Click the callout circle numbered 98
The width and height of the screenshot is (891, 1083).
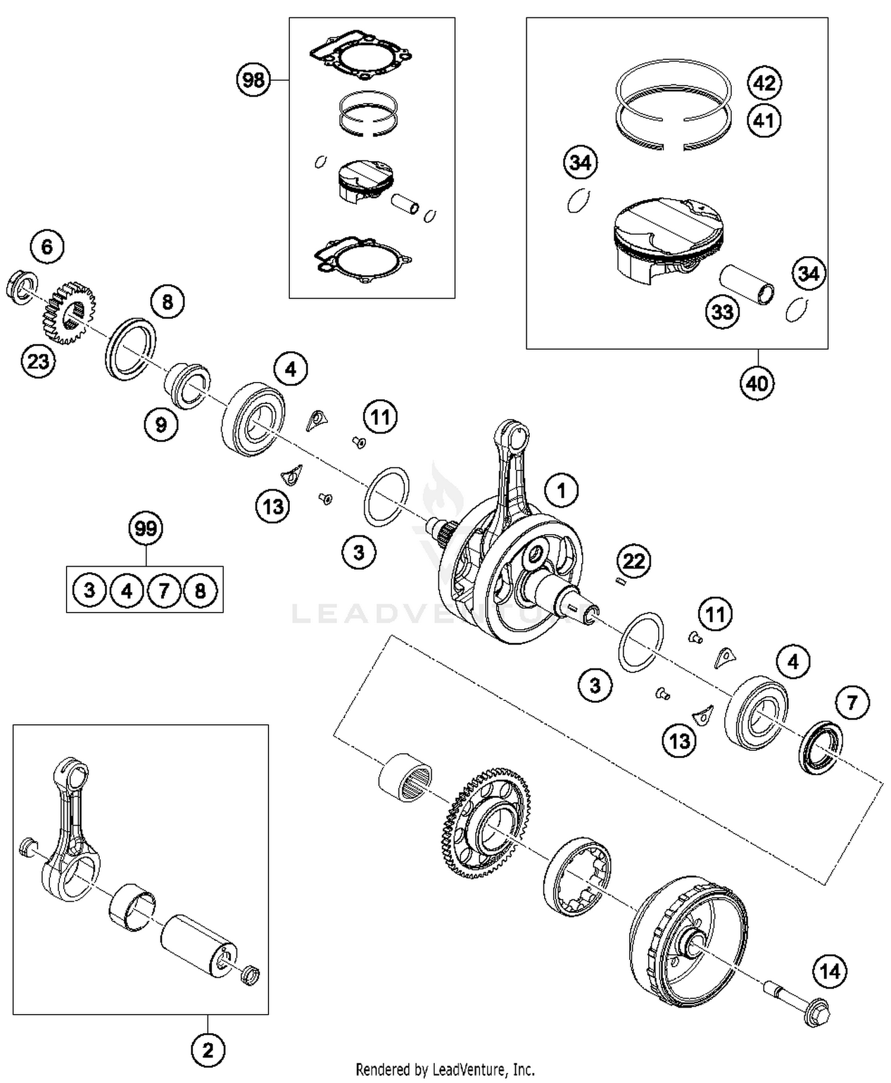click(254, 79)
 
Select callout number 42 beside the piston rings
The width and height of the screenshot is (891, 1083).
click(764, 83)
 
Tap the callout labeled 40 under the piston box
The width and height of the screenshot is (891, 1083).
click(757, 383)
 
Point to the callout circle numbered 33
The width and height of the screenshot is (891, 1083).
click(722, 311)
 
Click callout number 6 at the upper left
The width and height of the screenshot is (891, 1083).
click(47, 246)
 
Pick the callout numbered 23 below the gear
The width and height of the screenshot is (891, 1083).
click(38, 361)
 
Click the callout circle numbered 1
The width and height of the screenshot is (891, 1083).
click(561, 490)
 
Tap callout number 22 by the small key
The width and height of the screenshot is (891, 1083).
click(634, 560)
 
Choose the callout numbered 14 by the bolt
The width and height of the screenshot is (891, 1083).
click(829, 971)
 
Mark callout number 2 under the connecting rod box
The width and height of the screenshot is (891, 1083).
click(207, 1050)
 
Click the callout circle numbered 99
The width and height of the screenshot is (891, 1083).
click(146, 528)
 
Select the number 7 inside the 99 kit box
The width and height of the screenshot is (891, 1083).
click(163, 591)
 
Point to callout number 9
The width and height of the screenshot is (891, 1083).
click(161, 424)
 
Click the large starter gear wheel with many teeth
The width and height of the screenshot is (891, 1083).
click(487, 822)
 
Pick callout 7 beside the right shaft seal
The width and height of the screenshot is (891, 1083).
click(852, 703)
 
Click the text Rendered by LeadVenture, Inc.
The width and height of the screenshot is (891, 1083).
click(445, 1069)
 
